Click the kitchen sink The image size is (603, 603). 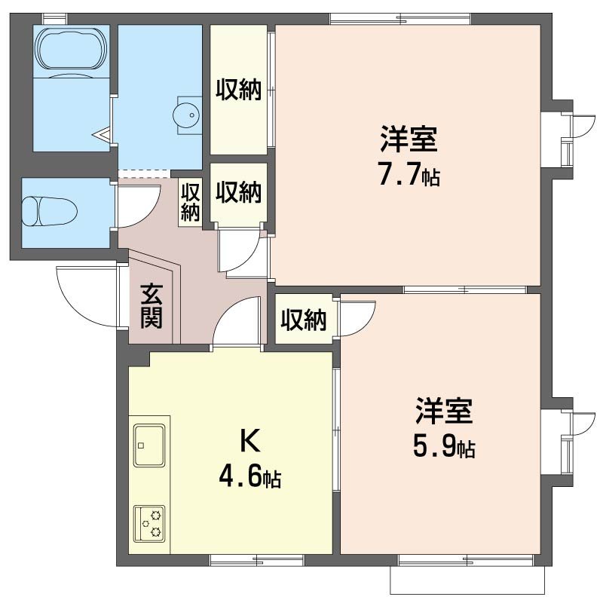click(x=149, y=445)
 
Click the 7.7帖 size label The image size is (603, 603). click(x=409, y=176)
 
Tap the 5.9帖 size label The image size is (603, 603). click(x=443, y=448)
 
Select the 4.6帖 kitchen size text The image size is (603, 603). click(x=250, y=477)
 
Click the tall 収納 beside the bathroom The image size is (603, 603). click(x=239, y=90)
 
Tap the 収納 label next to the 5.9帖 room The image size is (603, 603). click(x=304, y=320)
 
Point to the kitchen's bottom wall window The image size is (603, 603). click(x=256, y=560)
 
